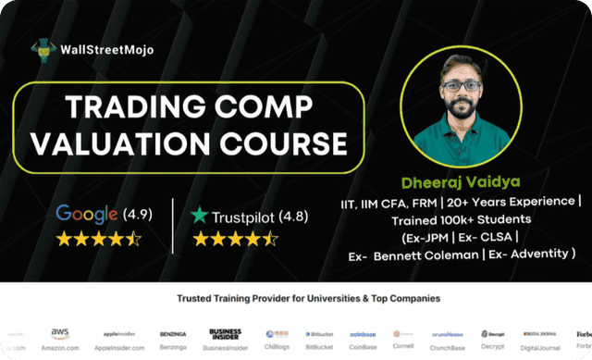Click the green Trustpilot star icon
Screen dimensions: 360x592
[199, 216]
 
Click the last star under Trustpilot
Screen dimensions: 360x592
[269, 239]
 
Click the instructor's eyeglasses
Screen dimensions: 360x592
[460, 85]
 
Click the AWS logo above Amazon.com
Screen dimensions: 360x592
[61, 331]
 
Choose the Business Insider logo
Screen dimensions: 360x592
[225, 332]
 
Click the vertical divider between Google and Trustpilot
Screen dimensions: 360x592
[173, 225]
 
